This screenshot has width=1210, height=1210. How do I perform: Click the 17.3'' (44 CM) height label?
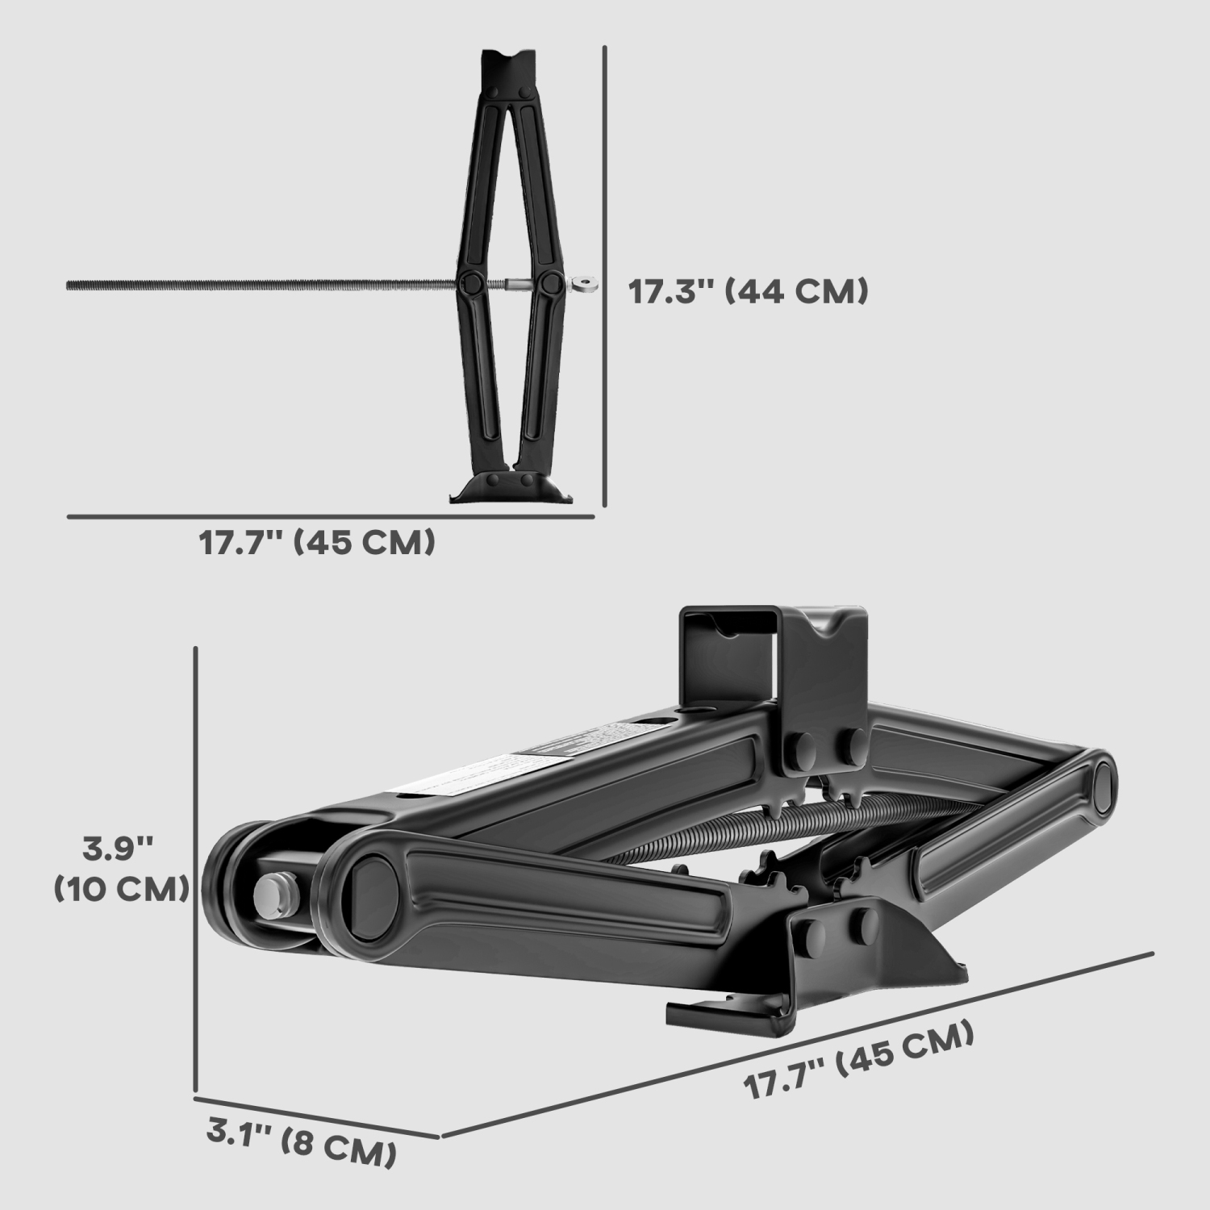pos(748,291)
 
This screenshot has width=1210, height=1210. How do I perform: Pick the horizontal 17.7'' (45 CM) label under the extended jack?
pos(317,543)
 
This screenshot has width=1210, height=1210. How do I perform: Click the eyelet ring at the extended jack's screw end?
pos(582,284)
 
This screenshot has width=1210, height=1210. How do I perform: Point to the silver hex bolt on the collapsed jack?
pos(277,896)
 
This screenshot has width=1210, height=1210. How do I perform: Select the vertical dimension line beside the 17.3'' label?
pos(604,274)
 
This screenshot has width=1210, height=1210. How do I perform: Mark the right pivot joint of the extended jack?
pos(552,283)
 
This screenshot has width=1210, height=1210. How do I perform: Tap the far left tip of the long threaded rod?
pos(69,285)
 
